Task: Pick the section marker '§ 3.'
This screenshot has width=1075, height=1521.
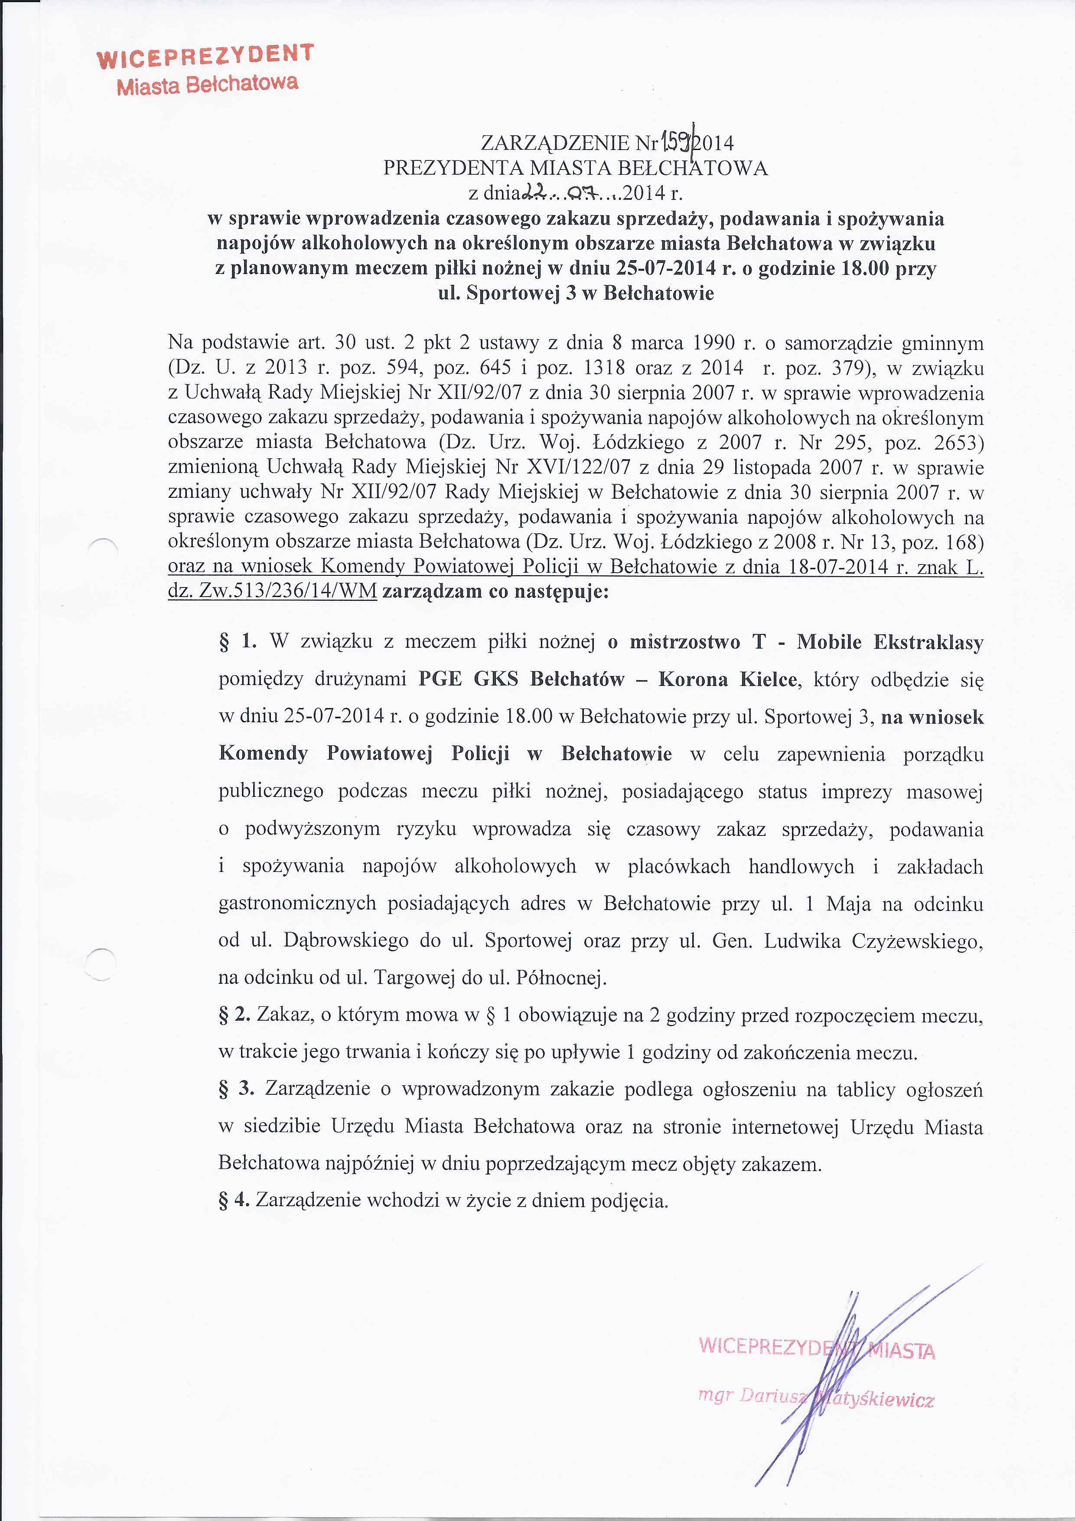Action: (237, 1089)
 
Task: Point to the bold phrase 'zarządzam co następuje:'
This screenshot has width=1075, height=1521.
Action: (495, 591)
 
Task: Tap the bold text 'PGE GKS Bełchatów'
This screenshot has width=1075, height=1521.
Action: (521, 680)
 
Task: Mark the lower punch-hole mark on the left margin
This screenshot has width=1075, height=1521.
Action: (101, 964)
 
